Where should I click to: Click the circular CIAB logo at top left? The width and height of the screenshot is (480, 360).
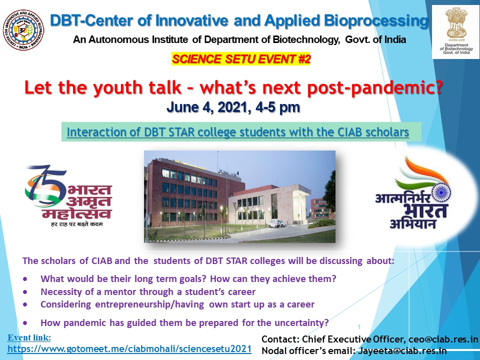click(23, 30)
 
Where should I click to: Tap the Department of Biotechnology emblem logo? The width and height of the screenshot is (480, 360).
click(456, 32)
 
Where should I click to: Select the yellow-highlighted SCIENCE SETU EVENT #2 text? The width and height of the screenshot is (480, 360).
click(241, 59)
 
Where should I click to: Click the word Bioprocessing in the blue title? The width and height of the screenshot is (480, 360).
click(376, 21)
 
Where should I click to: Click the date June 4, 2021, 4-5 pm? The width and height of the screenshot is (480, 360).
click(233, 107)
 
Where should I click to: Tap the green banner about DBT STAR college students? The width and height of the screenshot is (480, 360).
click(241, 132)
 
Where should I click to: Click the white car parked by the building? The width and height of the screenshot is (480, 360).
click(276, 223)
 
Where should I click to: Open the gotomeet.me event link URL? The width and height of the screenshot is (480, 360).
click(129, 349)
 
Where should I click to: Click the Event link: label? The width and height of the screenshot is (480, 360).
click(29, 337)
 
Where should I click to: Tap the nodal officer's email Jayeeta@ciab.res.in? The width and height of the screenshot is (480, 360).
click(402, 351)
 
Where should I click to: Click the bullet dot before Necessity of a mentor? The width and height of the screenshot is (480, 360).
click(25, 292)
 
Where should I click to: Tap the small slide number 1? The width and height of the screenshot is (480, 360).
click(359, 327)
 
